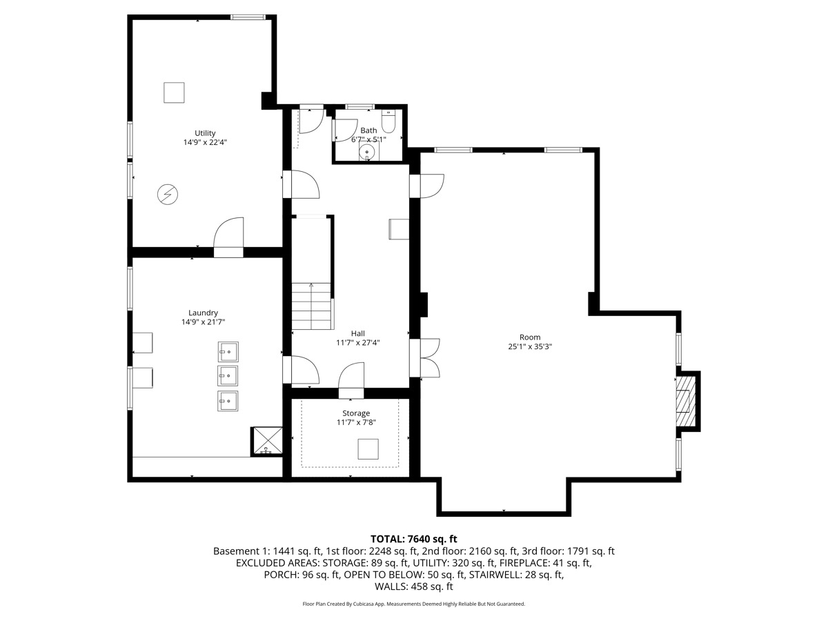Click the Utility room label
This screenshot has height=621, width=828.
tap(205, 133)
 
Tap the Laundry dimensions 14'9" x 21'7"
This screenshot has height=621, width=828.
tap(204, 322)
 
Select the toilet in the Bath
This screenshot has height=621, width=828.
tap(388, 123)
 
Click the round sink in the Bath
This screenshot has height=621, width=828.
tap(369, 150)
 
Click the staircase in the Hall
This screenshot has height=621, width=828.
tap(311, 306)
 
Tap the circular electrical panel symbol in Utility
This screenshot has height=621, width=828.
tap(167, 195)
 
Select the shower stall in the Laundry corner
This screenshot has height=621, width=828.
tap(267, 442)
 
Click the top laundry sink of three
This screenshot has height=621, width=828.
tap(228, 352)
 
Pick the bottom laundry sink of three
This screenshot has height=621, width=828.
tap(228, 400)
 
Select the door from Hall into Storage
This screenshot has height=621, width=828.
tap(351, 382)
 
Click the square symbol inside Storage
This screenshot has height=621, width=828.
tap(368, 450)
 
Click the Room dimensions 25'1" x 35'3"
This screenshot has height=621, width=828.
tap(530, 347)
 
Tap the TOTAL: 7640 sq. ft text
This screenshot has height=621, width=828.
tap(413, 539)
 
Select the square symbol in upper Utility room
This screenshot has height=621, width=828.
tap(174, 92)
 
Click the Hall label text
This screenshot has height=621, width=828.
tap(357, 333)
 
